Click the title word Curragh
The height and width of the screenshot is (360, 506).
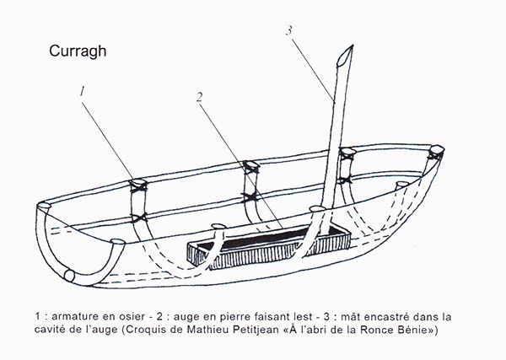(x=78, y=51)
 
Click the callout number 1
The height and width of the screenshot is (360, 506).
(x=83, y=91)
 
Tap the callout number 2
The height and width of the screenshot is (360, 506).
(x=200, y=97)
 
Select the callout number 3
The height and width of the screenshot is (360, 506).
(x=289, y=30)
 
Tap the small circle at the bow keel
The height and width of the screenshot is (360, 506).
(x=69, y=277)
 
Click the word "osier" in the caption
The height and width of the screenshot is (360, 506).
(x=132, y=316)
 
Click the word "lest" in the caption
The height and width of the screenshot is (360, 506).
(x=304, y=316)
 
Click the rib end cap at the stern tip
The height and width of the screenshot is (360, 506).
(x=437, y=149)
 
